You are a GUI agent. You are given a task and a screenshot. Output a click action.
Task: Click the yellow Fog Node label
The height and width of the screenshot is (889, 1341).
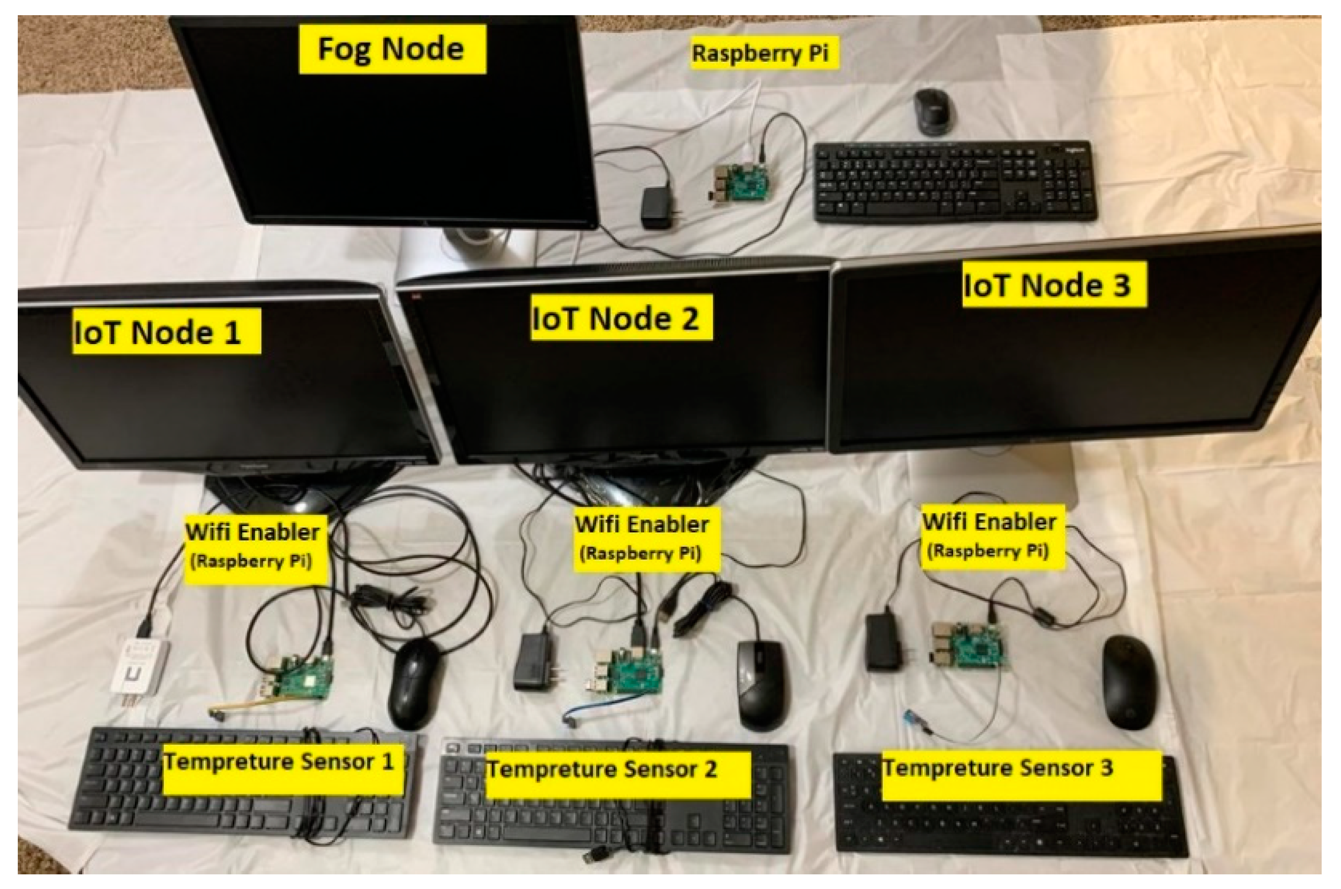pyautogui.click(x=392, y=49)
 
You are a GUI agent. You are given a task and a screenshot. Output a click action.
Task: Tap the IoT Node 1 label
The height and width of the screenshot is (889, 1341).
pyautogui.click(x=166, y=332)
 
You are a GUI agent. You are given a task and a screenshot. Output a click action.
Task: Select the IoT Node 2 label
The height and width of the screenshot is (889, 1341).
pyautogui.click(x=621, y=317)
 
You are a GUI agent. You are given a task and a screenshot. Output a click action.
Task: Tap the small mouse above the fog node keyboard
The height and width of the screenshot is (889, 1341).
pyautogui.click(x=932, y=112)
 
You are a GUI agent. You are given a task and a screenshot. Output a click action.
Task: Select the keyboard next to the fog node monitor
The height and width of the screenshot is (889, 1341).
pyautogui.click(x=955, y=181)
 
